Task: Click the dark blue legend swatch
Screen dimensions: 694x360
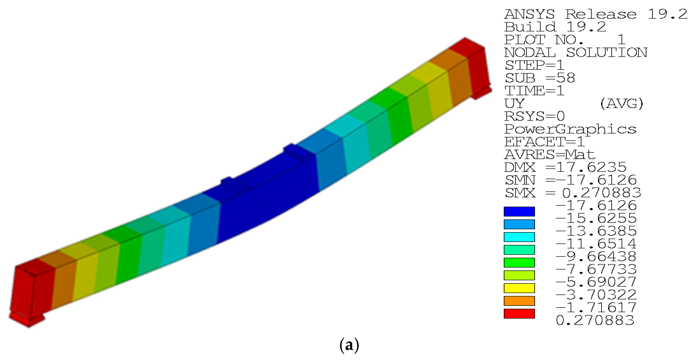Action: click(x=519, y=212)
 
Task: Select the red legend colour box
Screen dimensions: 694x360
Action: click(x=519, y=314)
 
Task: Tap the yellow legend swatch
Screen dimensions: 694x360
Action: click(x=519, y=288)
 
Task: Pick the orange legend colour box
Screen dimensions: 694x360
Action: click(x=519, y=301)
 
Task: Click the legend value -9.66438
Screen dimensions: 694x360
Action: click(x=596, y=256)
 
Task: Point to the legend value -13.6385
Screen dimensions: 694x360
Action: click(x=596, y=231)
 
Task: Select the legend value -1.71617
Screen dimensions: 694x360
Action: click(x=596, y=307)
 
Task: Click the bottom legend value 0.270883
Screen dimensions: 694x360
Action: click(x=595, y=320)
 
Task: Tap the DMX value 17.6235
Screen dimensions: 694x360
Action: click(x=591, y=167)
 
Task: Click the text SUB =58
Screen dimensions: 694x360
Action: click(x=540, y=78)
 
